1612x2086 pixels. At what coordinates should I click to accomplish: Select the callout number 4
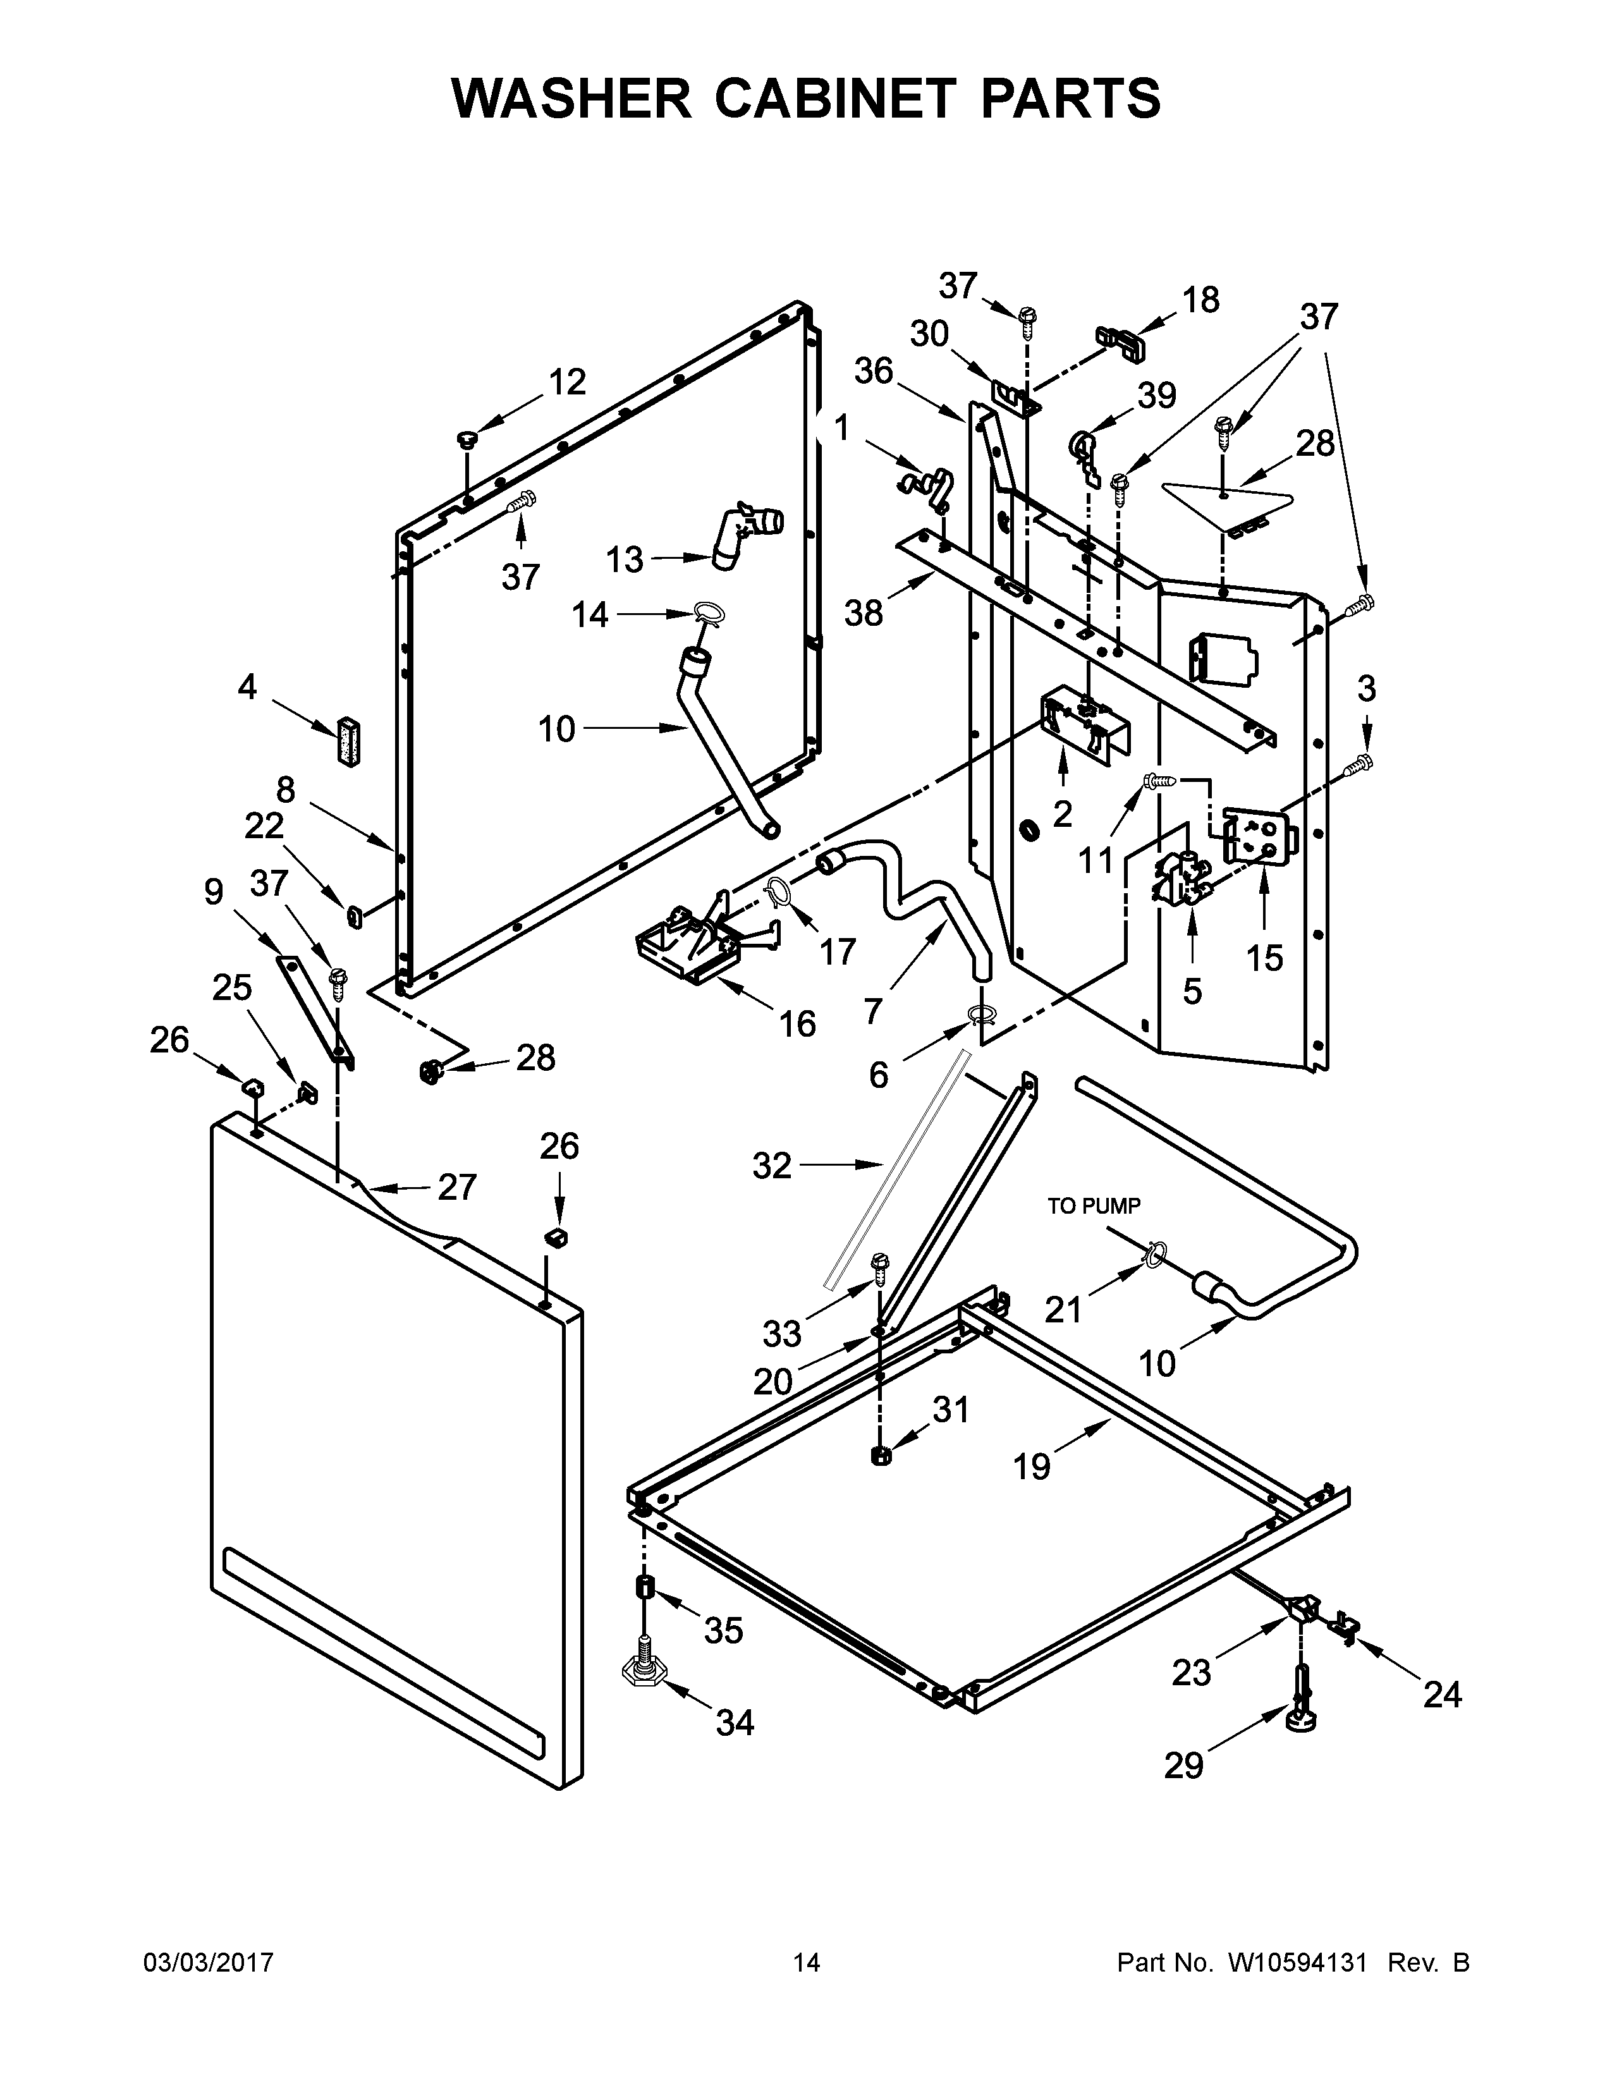pyautogui.click(x=247, y=686)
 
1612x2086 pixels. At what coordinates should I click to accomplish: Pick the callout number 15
pyautogui.click(x=1264, y=958)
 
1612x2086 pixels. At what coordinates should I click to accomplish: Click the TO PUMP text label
pyautogui.click(x=1094, y=1206)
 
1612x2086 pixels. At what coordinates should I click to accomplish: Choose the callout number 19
pyautogui.click(x=1032, y=1465)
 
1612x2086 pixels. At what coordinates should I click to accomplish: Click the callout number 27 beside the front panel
pyautogui.click(x=456, y=1187)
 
